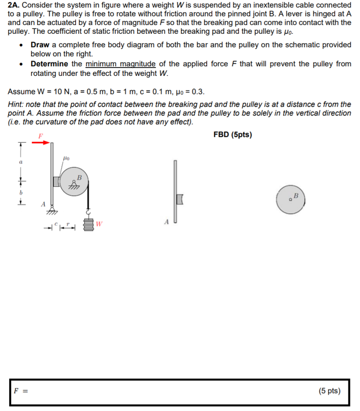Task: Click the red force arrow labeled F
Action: click(43, 142)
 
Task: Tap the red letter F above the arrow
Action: click(40, 136)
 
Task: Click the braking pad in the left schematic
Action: click(55, 181)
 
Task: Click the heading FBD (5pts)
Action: click(233, 134)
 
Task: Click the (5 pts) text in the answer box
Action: click(329, 391)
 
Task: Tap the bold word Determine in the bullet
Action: click(49, 64)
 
